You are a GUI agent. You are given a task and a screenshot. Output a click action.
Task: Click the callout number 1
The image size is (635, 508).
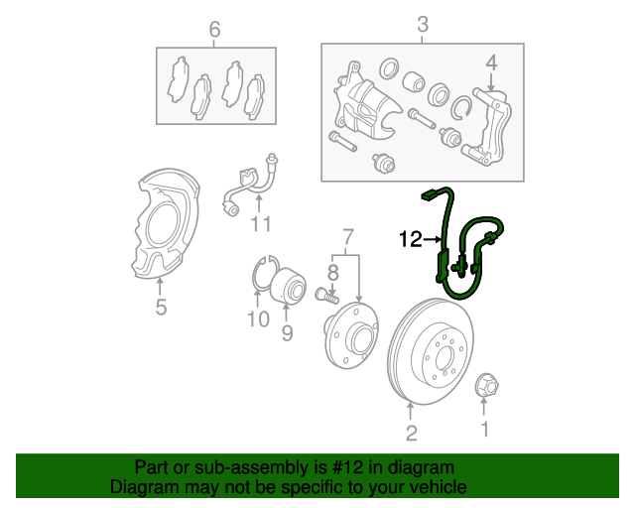(x=485, y=430)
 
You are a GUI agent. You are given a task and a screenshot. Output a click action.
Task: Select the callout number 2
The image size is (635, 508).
(x=411, y=433)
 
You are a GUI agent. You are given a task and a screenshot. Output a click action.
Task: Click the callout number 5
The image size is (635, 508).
(x=161, y=308)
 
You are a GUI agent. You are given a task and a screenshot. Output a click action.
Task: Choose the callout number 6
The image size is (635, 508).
(x=213, y=29)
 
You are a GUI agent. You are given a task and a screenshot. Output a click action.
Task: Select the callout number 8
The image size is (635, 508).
(x=333, y=269)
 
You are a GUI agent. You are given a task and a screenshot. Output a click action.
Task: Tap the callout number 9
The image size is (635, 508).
(x=286, y=333)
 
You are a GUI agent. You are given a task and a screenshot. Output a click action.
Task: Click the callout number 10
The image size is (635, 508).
(x=257, y=319)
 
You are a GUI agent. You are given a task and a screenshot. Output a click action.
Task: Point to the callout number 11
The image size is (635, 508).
(x=260, y=224)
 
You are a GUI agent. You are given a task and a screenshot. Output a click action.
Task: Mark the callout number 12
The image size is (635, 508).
(x=411, y=238)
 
